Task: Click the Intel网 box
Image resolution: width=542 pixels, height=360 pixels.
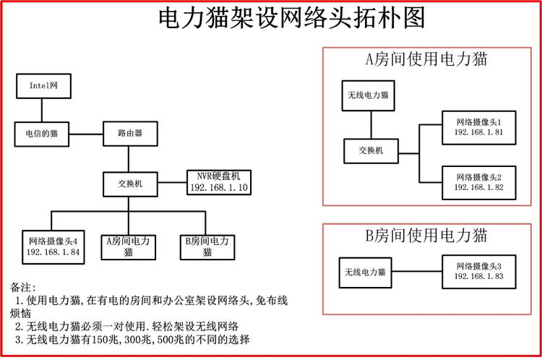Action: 43,85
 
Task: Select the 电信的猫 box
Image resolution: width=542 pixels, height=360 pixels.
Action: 43,134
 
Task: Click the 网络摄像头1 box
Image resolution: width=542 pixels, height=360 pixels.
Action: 478,127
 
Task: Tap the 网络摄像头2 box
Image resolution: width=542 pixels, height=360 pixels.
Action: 478,182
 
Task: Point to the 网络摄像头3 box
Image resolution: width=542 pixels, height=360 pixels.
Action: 478,272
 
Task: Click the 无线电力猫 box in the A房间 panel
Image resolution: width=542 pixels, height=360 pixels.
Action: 369,95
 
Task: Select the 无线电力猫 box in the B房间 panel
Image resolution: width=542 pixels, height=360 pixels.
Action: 365,272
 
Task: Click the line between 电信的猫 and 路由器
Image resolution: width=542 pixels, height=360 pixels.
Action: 86,134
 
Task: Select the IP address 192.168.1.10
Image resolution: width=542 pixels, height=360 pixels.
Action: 218,188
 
